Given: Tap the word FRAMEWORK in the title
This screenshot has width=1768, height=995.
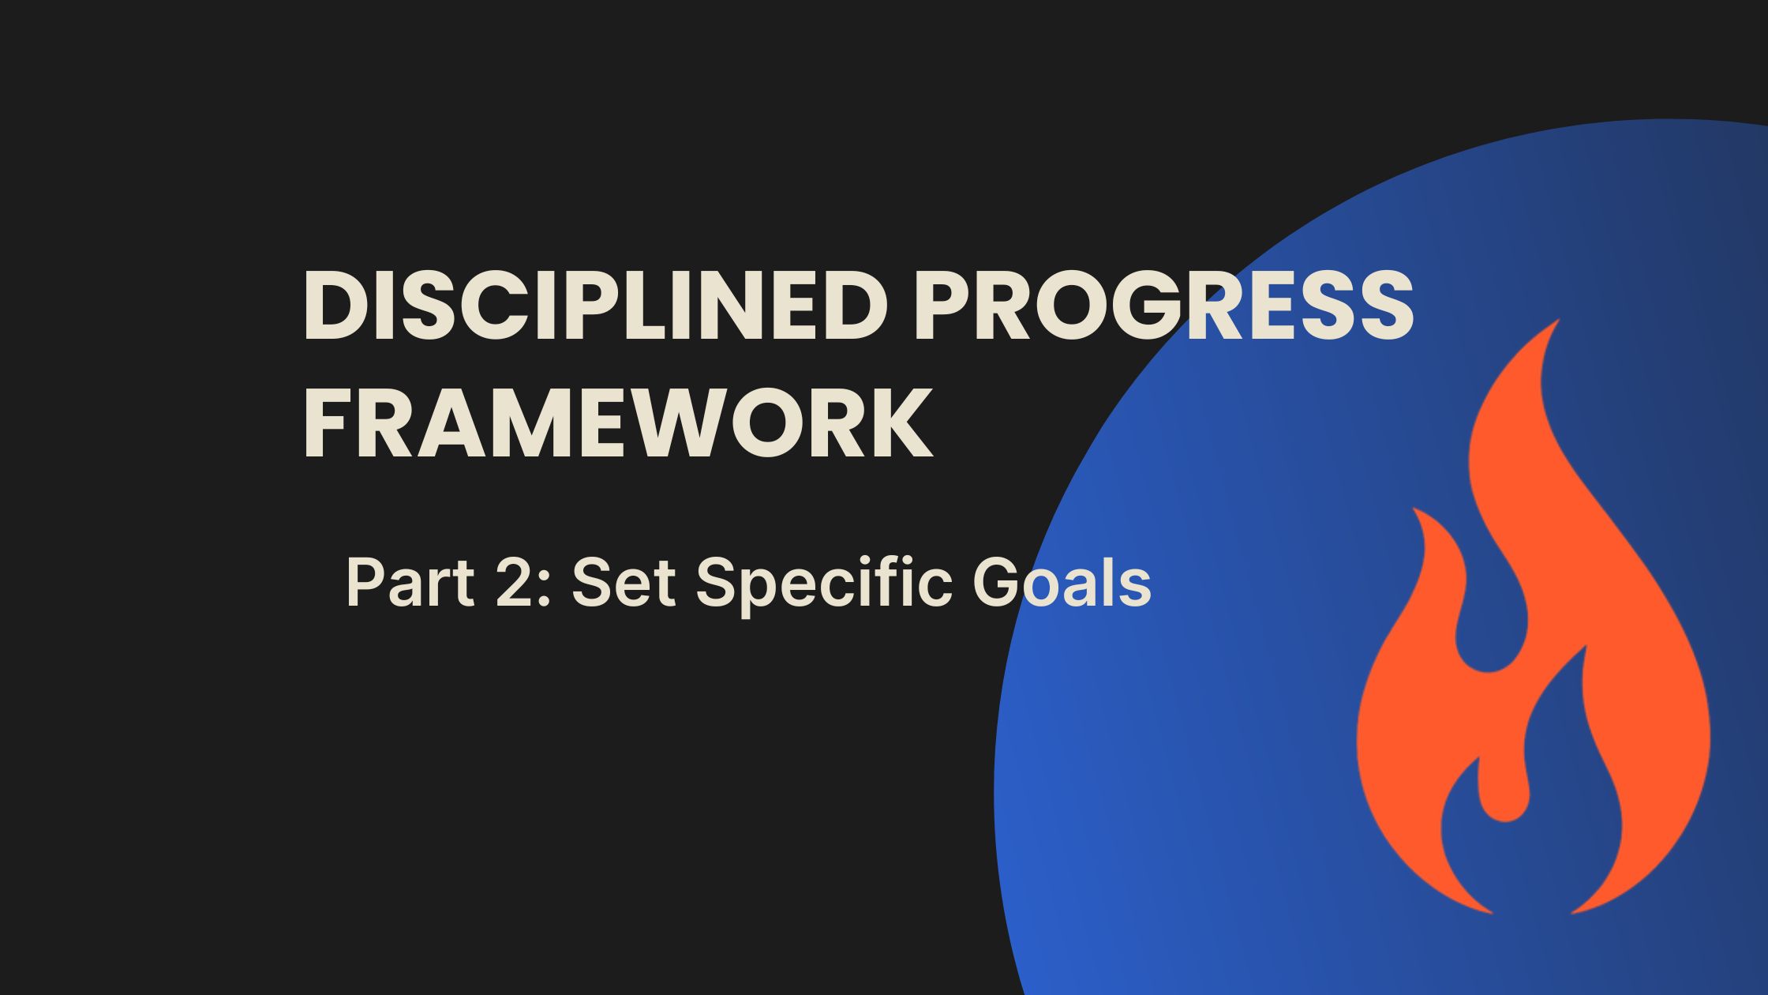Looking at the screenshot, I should click(x=617, y=426).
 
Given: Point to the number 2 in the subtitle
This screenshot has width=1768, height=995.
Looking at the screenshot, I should click(x=515, y=583).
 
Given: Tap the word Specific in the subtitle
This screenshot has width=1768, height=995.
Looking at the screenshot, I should click(x=822, y=583).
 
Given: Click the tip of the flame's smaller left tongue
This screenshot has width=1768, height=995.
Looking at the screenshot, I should click(x=1414, y=509).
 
